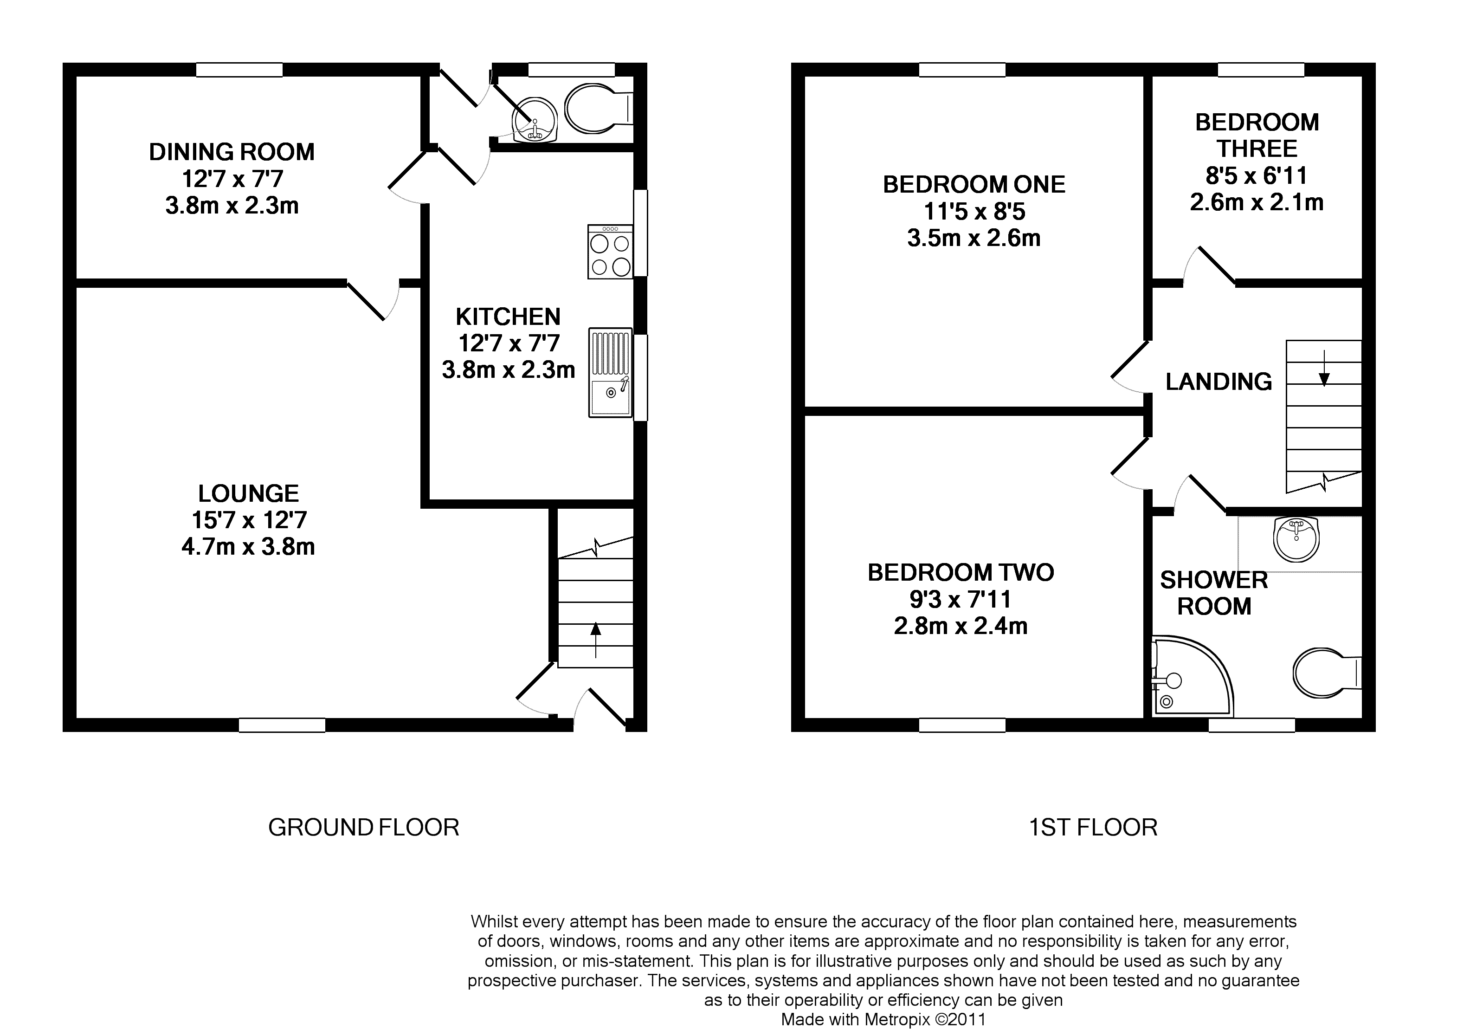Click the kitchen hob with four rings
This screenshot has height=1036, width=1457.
610,252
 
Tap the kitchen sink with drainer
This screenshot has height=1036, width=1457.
610,373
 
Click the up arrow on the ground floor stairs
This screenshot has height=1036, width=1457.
595,640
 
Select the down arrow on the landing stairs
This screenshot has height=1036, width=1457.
1324,368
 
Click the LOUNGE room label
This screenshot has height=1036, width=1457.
248,493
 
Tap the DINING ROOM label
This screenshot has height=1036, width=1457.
232,152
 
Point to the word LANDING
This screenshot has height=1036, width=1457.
1218,382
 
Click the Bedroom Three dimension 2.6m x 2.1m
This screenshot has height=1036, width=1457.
1256,202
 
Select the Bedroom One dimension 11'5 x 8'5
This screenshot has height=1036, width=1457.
974,211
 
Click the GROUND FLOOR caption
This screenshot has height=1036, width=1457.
363,828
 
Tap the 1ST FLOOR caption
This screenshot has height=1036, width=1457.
1093,828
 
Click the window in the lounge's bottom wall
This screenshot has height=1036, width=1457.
282,725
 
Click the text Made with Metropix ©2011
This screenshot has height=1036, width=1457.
883,1019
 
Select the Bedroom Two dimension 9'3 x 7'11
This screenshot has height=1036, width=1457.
961,599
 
